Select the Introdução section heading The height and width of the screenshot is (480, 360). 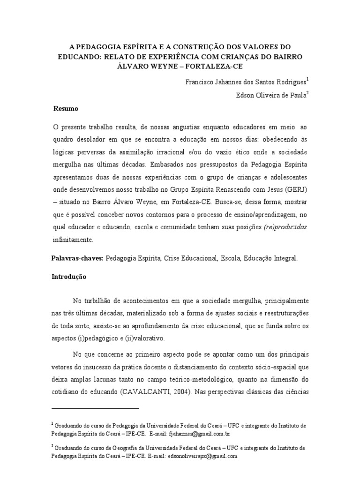click(x=68, y=277)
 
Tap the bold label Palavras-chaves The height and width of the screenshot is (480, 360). click(x=77, y=258)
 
